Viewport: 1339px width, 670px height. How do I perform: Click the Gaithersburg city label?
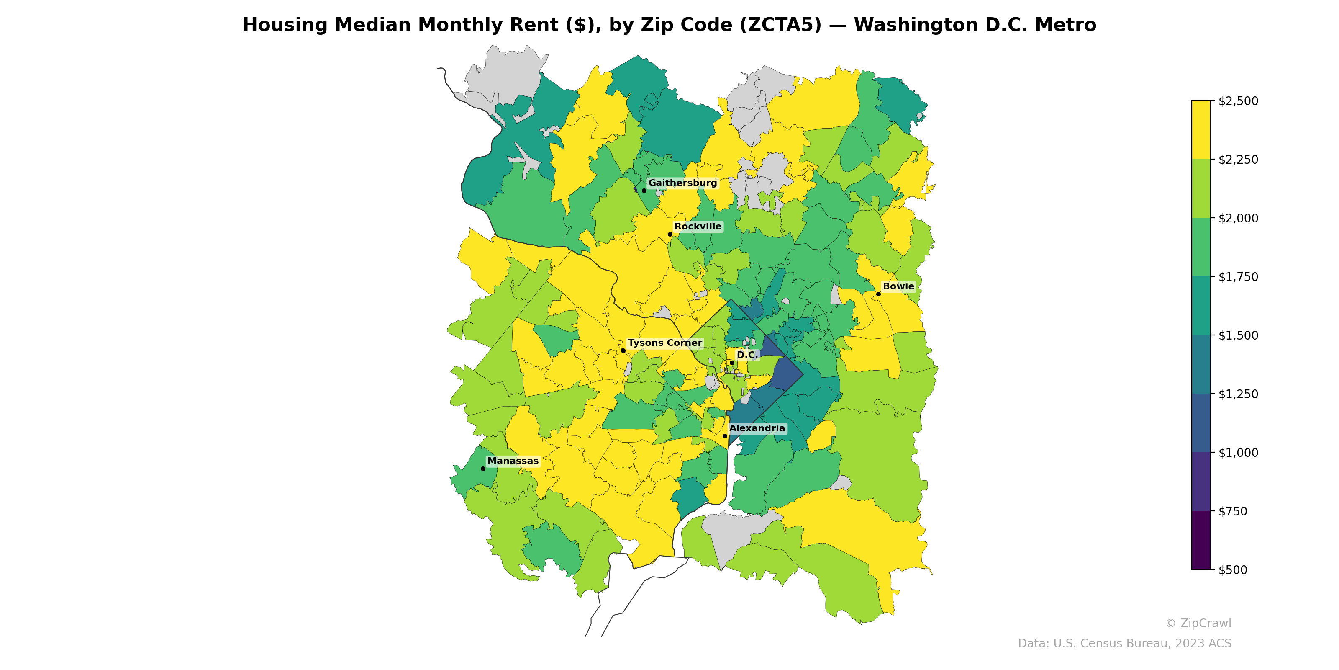tap(682, 183)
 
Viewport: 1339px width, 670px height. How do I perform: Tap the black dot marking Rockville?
tap(670, 234)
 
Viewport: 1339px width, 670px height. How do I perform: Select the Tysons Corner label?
tap(664, 343)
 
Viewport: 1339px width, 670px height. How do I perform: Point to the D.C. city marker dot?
tap(732, 363)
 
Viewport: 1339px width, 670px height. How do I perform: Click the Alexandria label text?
tap(757, 428)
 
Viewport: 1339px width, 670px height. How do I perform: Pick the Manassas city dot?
tap(483, 469)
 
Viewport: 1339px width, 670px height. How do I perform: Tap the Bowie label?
tap(898, 286)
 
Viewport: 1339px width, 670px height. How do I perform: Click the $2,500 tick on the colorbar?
tap(1238, 101)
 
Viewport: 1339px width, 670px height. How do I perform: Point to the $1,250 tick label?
tap(1238, 394)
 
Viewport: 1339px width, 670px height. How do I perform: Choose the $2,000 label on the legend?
tap(1238, 218)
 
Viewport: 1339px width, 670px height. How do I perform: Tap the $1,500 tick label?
tap(1238, 335)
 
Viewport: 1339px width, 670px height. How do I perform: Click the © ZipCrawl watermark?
tap(1198, 623)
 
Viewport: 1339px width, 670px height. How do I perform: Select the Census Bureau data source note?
tap(1124, 644)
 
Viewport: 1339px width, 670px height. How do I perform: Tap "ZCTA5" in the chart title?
tap(780, 25)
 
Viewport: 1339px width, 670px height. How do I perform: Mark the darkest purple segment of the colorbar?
tap(1201, 540)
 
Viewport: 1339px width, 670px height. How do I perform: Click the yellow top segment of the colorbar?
tap(1201, 130)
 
